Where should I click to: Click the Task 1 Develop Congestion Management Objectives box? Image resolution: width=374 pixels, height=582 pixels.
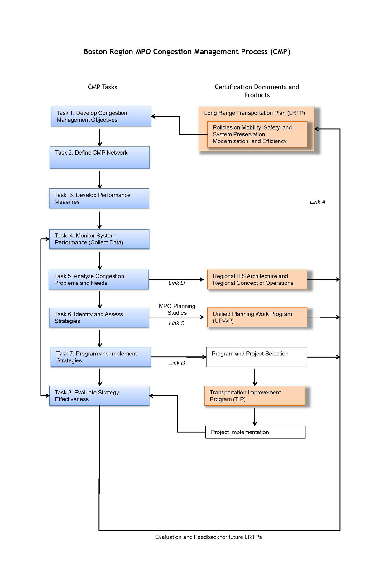coord(101,117)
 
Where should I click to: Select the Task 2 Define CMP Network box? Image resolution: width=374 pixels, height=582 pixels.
coord(100,157)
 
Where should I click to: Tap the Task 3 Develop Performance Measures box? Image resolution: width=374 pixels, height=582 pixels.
coord(99,198)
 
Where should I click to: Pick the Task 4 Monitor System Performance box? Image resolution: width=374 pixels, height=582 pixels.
coord(99,239)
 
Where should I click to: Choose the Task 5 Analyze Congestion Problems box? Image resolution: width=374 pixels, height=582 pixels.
coord(99,279)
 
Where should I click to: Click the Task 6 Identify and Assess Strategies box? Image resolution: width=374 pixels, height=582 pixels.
coord(99,317)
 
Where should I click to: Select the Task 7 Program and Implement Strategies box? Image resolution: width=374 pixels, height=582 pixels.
coord(101,357)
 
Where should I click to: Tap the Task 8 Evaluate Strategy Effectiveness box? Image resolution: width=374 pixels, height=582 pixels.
coord(99,396)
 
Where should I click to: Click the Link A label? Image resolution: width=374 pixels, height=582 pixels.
coord(317,202)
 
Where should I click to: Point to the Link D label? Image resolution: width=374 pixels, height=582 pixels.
coord(176,283)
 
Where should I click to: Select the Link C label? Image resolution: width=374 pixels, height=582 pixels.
coord(176,323)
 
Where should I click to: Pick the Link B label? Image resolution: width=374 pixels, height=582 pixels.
coord(177,363)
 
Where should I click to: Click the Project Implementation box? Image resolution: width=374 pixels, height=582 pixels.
coord(255,432)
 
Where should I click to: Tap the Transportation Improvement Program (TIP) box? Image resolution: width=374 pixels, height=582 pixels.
coord(255,396)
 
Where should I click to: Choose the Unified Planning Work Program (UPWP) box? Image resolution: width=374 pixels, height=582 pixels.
coord(257,317)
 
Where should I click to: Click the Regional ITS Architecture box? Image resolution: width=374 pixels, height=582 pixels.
coord(257,279)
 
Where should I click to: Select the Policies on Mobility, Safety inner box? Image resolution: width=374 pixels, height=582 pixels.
coord(257,134)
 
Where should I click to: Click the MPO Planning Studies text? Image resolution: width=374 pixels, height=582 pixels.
coord(177,309)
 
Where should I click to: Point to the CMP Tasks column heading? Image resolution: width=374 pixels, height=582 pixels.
coord(102,87)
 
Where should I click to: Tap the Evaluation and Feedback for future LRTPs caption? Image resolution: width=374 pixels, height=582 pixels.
coord(208,537)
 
